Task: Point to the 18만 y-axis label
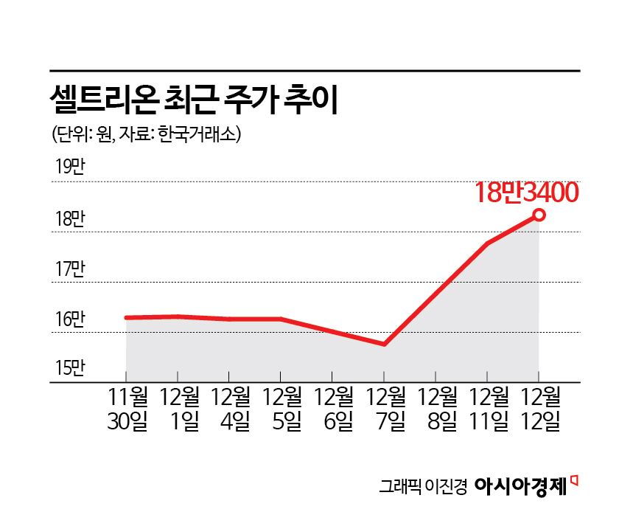pyautogui.click(x=70, y=219)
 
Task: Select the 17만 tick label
pyautogui.click(x=70, y=269)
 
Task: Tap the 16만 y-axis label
pyautogui.click(x=70, y=320)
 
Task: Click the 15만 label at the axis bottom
pyautogui.click(x=70, y=367)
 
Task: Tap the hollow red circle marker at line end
pyautogui.click(x=539, y=215)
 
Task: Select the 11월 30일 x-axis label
pyautogui.click(x=127, y=409)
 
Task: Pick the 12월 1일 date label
pyautogui.click(x=178, y=409)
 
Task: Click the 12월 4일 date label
pyautogui.click(x=230, y=409)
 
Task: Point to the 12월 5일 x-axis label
pyautogui.click(x=281, y=409)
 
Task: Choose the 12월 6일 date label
pyautogui.click(x=333, y=409)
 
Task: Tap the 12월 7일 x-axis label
pyautogui.click(x=385, y=409)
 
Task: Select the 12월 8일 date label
pyautogui.click(x=436, y=409)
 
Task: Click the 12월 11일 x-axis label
pyautogui.click(x=488, y=409)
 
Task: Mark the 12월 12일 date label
pyautogui.click(x=540, y=409)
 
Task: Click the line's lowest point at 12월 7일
pyautogui.click(x=385, y=345)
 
